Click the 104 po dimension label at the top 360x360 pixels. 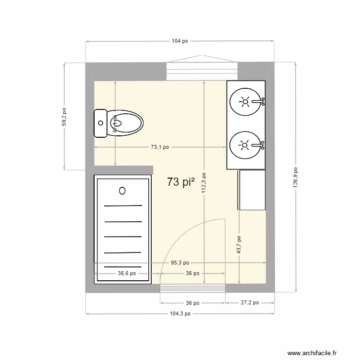(x=179, y=42)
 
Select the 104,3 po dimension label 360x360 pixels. (x=180, y=313)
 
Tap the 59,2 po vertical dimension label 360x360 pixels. (x=64, y=116)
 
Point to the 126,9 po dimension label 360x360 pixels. (x=296, y=177)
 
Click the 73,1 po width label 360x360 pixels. (x=160, y=147)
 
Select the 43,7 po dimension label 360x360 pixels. (x=239, y=244)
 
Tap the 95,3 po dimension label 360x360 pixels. (x=180, y=263)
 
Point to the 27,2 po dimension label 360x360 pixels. (x=249, y=303)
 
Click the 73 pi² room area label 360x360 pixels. (x=181, y=182)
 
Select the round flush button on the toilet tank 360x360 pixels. (x=100, y=123)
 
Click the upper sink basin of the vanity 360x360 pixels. (x=245, y=101)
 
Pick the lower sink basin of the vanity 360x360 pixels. (x=245, y=144)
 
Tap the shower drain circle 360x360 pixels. (x=122, y=191)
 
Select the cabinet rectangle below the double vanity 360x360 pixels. (x=252, y=190)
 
